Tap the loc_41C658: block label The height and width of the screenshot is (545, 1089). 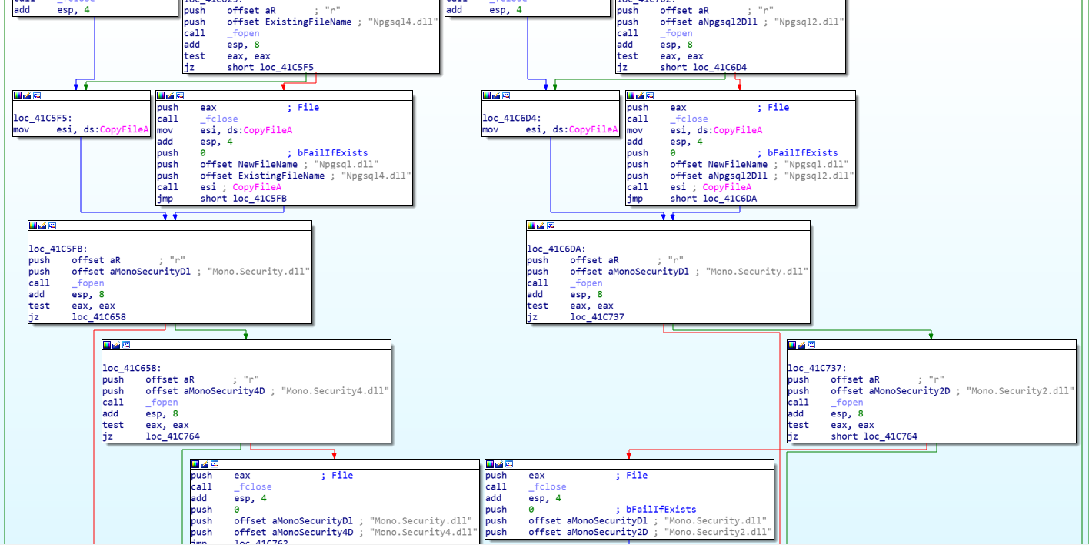tap(132, 368)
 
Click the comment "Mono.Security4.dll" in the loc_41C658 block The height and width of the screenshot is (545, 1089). tap(335, 391)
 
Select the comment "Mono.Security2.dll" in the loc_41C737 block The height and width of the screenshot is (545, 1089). tap(1021, 391)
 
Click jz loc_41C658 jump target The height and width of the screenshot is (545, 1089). tap(99, 317)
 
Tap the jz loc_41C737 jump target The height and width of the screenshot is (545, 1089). tap(598, 317)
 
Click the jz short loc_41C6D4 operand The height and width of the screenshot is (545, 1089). tap(720, 68)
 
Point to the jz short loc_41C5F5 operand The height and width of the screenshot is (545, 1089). tap(287, 68)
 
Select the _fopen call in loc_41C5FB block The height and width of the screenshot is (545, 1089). tap(88, 283)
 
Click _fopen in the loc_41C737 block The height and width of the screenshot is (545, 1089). tap(847, 403)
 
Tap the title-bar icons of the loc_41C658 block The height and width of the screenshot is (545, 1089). tap(118, 345)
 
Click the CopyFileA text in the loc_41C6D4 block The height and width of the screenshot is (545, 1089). tap(593, 130)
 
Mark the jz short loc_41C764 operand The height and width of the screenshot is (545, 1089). tap(891, 436)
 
